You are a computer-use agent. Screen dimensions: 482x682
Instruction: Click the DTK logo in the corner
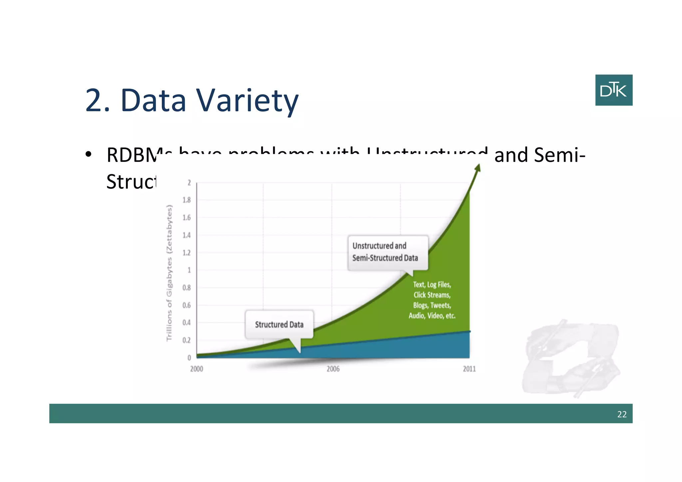point(613,90)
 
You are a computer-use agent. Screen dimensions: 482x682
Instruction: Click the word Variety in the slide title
point(247,101)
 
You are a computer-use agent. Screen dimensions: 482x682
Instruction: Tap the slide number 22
point(622,414)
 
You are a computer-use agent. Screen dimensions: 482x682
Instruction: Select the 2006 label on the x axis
point(333,369)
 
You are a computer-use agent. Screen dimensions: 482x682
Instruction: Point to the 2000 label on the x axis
point(196,369)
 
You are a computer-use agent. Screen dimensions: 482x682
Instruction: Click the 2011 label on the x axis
point(469,369)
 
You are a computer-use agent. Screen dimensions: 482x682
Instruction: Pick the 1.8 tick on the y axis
point(186,200)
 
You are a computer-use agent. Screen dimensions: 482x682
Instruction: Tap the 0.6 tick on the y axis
point(186,305)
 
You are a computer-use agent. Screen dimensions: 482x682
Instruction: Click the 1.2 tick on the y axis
point(186,252)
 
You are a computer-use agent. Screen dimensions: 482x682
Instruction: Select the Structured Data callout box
point(279,324)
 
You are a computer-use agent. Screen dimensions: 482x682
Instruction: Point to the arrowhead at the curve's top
point(478,168)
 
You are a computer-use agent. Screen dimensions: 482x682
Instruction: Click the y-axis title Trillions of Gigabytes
point(169,273)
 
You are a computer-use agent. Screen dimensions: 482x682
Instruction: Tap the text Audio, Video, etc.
point(432,315)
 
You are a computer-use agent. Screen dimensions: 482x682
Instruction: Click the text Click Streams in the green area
point(432,295)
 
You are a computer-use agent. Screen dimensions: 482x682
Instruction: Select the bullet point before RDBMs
point(88,155)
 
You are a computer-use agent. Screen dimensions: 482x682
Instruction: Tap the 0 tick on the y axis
point(189,358)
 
